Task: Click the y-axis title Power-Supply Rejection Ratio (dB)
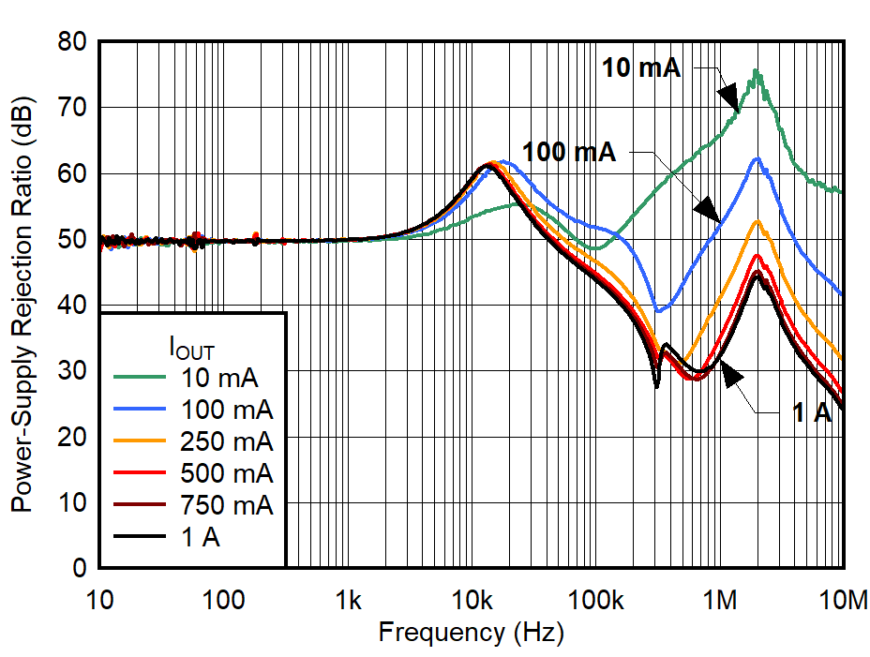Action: tap(21, 306)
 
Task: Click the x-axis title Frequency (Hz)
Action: tap(471, 633)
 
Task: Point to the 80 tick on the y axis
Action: tap(72, 42)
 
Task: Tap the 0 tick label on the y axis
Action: tap(79, 568)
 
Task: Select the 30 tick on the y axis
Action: tap(72, 371)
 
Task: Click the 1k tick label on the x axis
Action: tap(348, 598)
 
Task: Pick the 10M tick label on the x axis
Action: tap(843, 598)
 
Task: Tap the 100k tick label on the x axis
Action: tap(595, 598)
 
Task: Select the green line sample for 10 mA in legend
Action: tap(141, 378)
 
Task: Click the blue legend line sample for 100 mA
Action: tap(141, 410)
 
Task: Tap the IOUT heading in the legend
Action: tap(191, 351)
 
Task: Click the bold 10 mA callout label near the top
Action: tap(641, 67)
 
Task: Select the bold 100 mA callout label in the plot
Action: tap(569, 151)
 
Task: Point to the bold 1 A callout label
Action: tap(812, 413)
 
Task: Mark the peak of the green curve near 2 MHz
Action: tap(756, 71)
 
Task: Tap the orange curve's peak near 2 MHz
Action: tap(757, 222)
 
